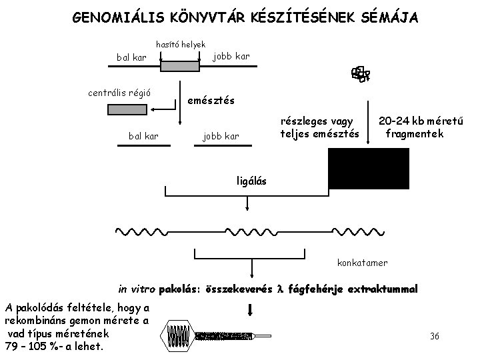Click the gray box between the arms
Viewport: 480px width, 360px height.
[x=179, y=66]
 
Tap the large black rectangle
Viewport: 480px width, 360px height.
[x=369, y=169]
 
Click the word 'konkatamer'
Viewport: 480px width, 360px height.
[x=362, y=263]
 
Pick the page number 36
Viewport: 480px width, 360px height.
[x=435, y=335]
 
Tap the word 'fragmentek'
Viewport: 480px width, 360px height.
[x=415, y=134]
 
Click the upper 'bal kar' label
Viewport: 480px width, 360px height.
[x=131, y=57]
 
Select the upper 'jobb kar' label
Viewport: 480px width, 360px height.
[x=231, y=56]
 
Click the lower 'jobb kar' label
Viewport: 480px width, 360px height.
[x=221, y=137]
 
